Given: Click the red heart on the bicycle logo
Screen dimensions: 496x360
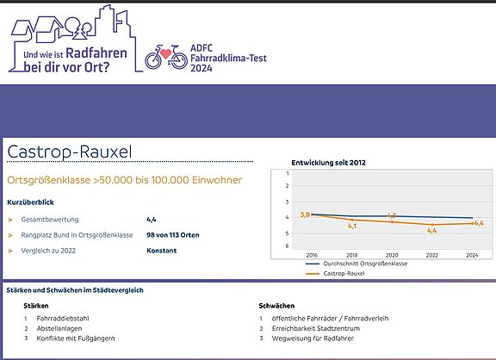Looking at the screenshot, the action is [165, 53].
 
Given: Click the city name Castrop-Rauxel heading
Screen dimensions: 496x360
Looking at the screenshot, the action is [70, 152].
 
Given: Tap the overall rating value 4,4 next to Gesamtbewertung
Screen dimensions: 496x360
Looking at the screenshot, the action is [152, 220].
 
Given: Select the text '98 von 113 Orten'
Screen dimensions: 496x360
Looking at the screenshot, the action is [173, 235].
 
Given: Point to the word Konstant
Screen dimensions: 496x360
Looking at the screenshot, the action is [161, 251].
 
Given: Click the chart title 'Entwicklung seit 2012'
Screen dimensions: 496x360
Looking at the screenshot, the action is [328, 163].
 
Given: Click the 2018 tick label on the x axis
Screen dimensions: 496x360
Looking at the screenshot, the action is [351, 255].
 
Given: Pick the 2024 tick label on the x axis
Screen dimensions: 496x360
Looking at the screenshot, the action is [472, 255].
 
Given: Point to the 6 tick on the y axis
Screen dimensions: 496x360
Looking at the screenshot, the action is [287, 245].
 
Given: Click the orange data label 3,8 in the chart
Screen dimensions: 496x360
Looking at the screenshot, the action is [305, 214].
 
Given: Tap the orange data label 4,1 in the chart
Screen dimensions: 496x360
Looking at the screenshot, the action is [352, 226].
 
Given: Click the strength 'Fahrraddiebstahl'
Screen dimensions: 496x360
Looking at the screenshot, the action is [63, 319].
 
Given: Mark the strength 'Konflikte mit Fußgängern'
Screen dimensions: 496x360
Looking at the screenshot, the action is [76, 338].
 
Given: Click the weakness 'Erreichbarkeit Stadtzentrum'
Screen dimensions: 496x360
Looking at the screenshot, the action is [316, 328].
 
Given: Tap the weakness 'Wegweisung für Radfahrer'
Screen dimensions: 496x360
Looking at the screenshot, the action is [313, 338].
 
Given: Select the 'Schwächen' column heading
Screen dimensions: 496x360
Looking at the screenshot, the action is [276, 306].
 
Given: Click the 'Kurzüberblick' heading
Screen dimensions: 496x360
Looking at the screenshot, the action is [30, 202].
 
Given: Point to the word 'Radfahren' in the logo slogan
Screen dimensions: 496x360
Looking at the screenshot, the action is [96, 53].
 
